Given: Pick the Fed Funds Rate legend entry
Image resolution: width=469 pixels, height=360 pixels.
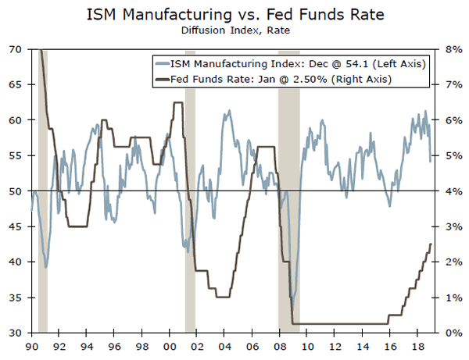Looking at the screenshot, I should pyautogui.click(x=281, y=79).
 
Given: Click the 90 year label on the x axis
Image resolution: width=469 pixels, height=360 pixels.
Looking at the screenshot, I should pyautogui.click(x=32, y=346).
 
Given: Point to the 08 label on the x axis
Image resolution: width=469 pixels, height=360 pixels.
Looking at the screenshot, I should pyautogui.click(x=280, y=346).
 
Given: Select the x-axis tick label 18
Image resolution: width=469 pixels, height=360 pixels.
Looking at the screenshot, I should pyautogui.click(x=417, y=346).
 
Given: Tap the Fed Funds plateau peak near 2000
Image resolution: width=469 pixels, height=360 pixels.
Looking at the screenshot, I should pyautogui.click(x=177, y=102).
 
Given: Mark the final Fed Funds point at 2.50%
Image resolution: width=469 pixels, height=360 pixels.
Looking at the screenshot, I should pyautogui.click(x=431, y=244).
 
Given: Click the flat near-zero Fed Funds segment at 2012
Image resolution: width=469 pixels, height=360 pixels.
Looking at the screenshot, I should pyautogui.click(x=335, y=323).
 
